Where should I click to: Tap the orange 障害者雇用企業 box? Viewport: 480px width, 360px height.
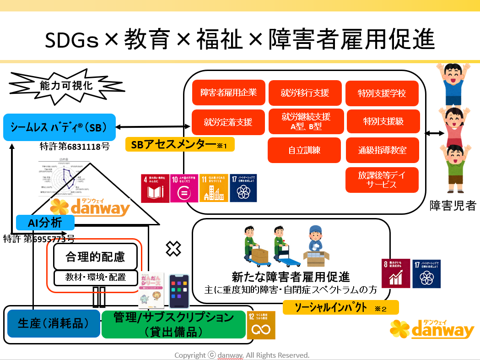coord(228,93)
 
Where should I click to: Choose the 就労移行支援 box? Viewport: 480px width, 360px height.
coord(305,93)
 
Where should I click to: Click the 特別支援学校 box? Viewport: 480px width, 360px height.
coord(382,93)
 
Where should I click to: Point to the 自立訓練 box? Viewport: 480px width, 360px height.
coord(305,150)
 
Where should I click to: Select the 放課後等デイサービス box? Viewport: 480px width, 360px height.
coord(382,180)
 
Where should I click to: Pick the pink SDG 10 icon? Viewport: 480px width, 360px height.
coord(184,188)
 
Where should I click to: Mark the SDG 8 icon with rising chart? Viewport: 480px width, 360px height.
coord(395,273)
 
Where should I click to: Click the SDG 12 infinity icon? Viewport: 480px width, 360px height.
coord(261,325)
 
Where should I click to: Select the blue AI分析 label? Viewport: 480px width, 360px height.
coord(45,223)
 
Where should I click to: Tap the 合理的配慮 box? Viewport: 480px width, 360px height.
coord(95,256)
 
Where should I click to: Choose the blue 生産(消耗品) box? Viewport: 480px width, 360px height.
coord(53,323)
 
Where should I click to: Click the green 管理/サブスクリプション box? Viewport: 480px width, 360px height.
coord(173,324)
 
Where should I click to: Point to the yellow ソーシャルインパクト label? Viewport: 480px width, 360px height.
coord(340,307)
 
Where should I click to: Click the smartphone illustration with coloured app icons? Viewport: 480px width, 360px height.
coord(179,291)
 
